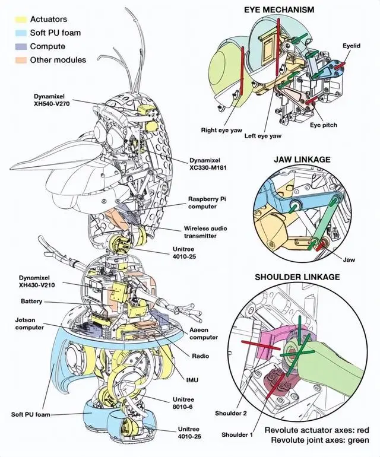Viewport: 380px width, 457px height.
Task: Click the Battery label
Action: (x=31, y=302)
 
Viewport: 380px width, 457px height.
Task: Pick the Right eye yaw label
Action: (x=218, y=129)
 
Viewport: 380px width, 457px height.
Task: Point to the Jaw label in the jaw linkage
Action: (x=349, y=259)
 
